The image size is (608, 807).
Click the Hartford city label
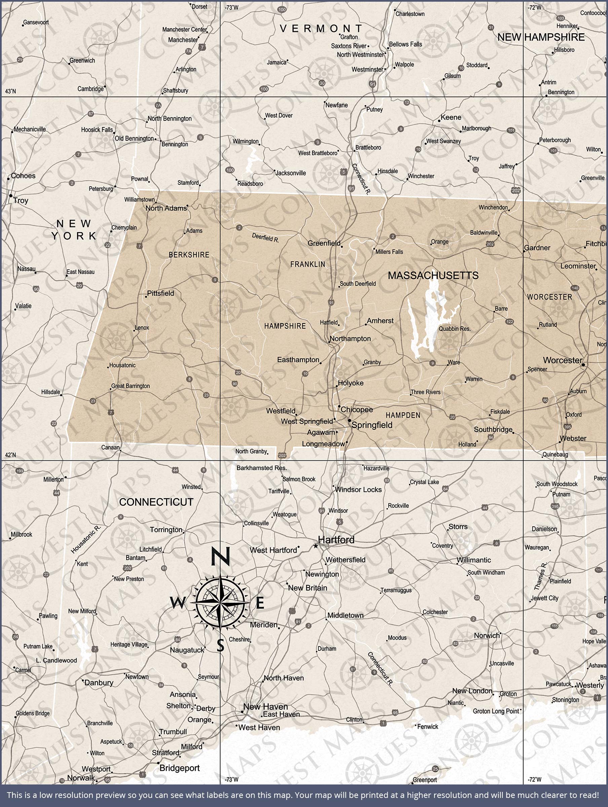coord(336,540)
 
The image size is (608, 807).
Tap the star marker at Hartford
coord(316,546)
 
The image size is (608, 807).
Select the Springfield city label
coord(372,425)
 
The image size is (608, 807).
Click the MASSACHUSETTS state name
coord(433,275)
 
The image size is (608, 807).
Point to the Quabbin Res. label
coord(454,329)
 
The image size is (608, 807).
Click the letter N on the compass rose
coord(220,556)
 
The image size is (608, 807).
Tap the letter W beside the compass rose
coord(178,603)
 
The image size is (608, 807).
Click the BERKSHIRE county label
coord(189,255)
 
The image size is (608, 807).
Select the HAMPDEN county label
coord(403,415)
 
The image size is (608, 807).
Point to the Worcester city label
coord(562,360)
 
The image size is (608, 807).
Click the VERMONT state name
coord(321,29)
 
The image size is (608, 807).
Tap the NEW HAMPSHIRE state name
coord(541,37)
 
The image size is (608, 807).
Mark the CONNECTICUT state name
coord(156,502)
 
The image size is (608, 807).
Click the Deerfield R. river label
coord(265,238)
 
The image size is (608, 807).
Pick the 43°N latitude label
coord(10,91)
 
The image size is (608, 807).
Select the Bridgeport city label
coord(180,768)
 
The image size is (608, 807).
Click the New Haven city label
coord(265,706)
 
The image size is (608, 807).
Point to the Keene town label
coord(451,117)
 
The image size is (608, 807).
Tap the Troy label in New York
coord(21,200)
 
